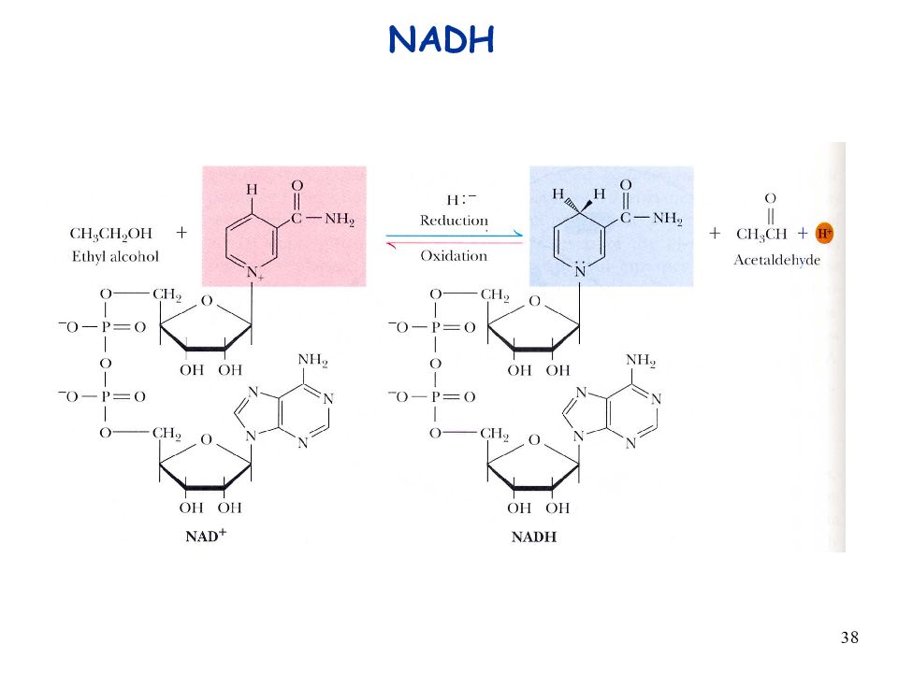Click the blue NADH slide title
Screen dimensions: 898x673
tap(441, 39)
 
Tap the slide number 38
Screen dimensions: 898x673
tap(849, 637)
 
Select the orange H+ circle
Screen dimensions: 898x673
tap(824, 233)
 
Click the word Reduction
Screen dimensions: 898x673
tap(454, 221)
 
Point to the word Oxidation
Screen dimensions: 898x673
tap(454, 256)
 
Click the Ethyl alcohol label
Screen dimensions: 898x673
tap(115, 257)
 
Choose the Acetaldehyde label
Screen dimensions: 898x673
tap(776, 261)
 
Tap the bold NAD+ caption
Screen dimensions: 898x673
tap(206, 536)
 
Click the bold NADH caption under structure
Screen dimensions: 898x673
tap(534, 537)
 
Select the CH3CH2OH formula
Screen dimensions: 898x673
tap(111, 234)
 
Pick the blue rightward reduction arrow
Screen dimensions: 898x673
tap(455, 236)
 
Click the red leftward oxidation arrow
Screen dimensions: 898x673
tap(455, 243)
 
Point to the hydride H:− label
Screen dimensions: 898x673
tap(461, 199)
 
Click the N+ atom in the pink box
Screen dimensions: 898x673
tap(254, 274)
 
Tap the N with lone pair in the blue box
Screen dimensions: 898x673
tap(580, 270)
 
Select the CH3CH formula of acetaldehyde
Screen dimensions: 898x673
tap(761, 234)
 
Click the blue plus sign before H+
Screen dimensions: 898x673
tap(803, 233)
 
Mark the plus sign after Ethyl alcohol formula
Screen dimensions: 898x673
tap(181, 233)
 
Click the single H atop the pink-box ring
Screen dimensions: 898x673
tap(252, 190)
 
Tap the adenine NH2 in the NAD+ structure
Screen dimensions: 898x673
tap(312, 361)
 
